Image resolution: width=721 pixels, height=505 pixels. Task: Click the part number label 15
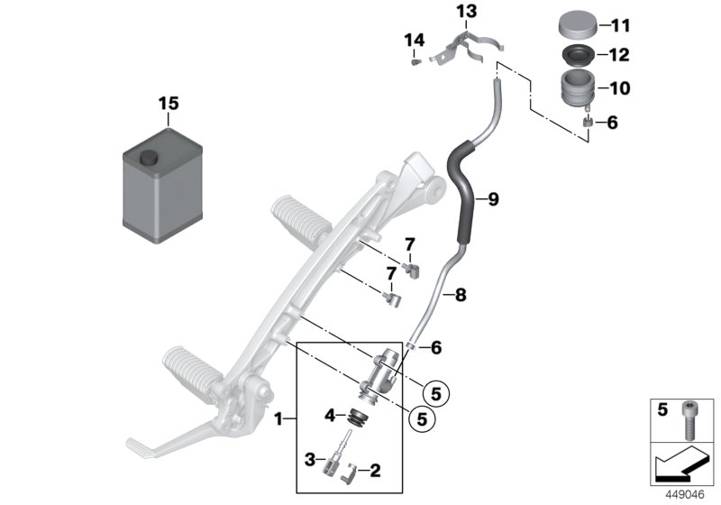pos(169,104)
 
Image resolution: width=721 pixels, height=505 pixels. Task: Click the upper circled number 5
pos(436,393)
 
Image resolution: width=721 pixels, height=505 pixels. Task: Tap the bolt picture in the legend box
pos(691,419)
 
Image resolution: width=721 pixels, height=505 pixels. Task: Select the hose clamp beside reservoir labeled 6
pos(588,122)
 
